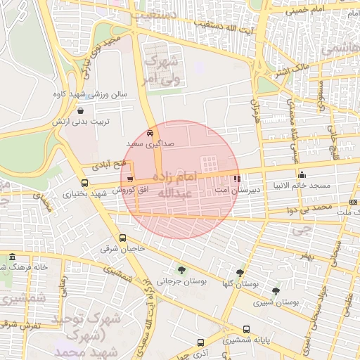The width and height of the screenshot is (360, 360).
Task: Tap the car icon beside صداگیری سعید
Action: point(150,132)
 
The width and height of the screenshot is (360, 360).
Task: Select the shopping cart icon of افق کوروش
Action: point(131,179)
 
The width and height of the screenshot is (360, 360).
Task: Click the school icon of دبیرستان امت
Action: point(236,179)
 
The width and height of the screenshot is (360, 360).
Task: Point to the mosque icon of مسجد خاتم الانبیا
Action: point(302,174)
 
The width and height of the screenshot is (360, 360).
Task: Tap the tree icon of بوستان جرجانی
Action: point(182,270)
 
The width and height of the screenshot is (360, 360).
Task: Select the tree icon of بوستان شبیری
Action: point(275,290)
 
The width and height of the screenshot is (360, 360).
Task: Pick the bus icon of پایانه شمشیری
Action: point(246,329)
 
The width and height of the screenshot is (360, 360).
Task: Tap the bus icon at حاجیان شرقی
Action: point(123,238)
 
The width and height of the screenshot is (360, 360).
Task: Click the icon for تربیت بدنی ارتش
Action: point(80,111)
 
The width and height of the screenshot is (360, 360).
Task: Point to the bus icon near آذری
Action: point(200,343)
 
